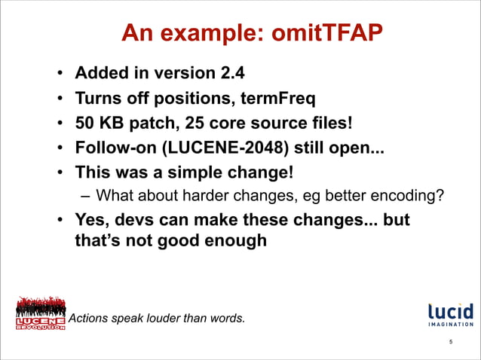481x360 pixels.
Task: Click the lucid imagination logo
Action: [x=450, y=314]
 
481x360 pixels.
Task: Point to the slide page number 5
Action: [x=450, y=343]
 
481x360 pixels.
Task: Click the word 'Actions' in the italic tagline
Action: [x=88, y=318]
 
